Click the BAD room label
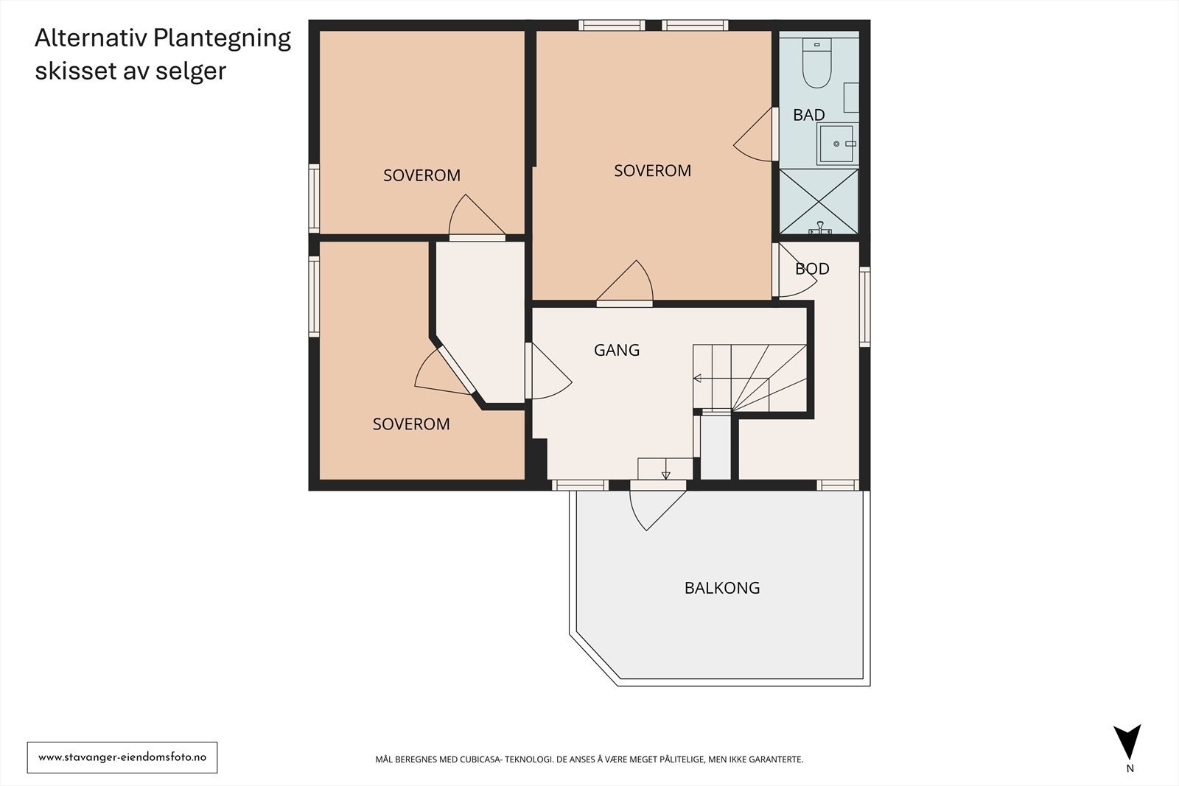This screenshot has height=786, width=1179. (808, 115)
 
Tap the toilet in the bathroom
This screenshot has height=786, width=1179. (816, 63)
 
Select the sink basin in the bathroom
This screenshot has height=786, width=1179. (836, 144)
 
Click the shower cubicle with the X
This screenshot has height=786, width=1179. (819, 201)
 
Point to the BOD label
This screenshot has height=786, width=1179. (812, 269)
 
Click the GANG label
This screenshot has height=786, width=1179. (616, 350)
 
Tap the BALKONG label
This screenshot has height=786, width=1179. (721, 588)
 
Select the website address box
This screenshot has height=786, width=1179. (122, 757)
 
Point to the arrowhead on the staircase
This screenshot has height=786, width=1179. (697, 378)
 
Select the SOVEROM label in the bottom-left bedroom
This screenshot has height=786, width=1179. (411, 424)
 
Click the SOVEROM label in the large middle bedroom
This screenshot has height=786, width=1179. (652, 170)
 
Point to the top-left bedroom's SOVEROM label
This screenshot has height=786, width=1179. (421, 175)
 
